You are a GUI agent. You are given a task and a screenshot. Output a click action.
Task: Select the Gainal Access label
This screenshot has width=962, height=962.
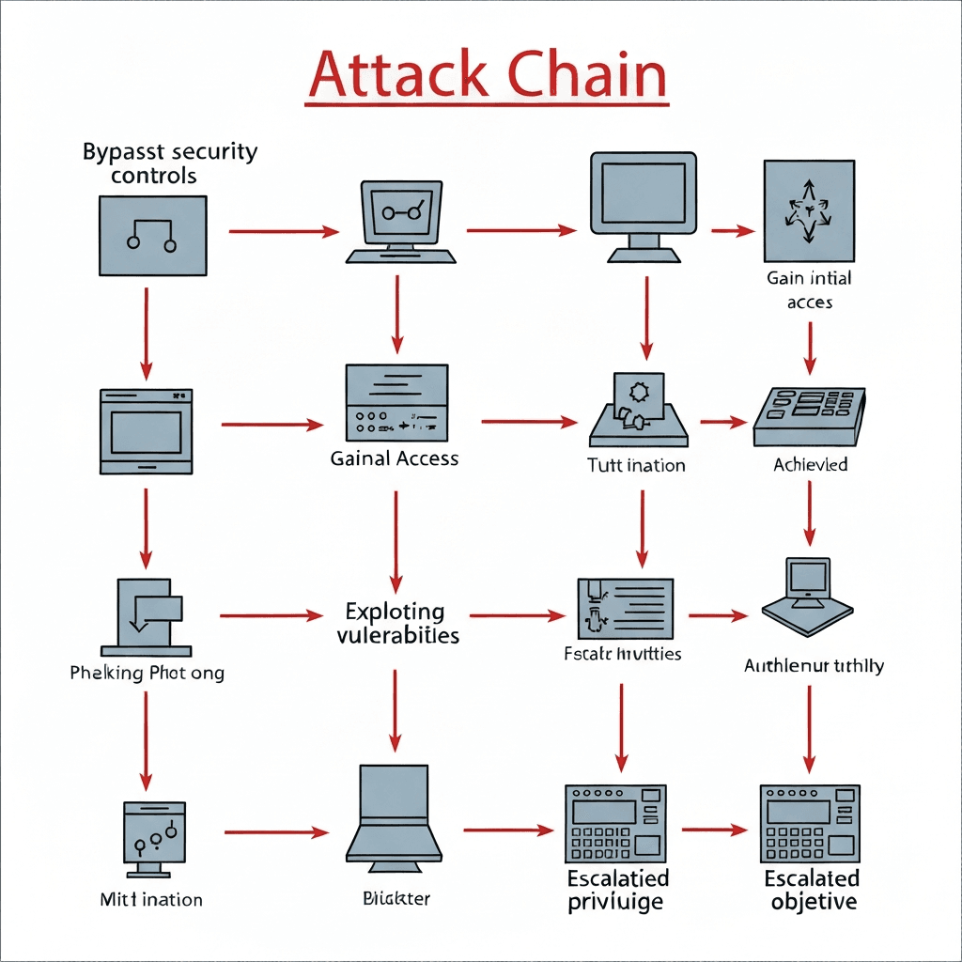[395, 458]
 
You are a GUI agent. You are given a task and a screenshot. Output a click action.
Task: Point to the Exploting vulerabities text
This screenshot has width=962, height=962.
[397, 624]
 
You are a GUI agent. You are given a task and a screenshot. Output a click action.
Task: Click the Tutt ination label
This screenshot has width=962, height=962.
[636, 465]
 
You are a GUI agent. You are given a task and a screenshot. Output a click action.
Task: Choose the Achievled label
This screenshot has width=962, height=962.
[810, 464]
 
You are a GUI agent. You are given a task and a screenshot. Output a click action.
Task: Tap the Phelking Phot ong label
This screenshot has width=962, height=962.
[147, 673]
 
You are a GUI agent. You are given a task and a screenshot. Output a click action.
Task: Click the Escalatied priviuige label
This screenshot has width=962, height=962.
[617, 891]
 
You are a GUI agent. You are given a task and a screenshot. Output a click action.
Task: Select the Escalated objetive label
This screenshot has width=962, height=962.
[812, 891]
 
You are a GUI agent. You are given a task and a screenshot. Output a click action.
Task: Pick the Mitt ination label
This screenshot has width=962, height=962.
[151, 899]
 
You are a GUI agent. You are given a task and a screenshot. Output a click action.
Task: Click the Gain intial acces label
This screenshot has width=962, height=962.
[810, 289]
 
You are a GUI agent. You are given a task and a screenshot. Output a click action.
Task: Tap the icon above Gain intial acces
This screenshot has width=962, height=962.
[809, 211]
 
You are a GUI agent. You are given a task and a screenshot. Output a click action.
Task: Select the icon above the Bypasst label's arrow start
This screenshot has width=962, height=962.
[152, 236]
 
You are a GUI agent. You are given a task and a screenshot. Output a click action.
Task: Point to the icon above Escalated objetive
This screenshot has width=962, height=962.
[810, 824]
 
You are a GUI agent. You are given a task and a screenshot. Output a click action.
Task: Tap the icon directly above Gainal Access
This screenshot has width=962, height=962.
[396, 402]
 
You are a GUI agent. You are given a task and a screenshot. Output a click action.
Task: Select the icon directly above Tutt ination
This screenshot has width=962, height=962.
[638, 411]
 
